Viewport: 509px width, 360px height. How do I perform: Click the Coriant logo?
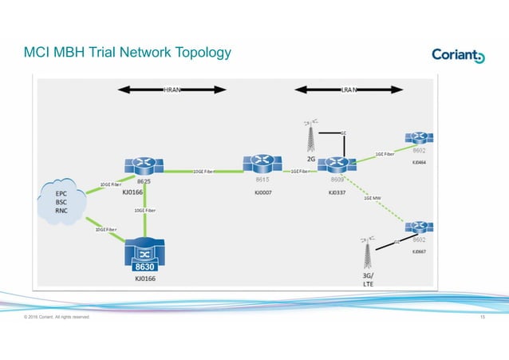[x=458, y=54]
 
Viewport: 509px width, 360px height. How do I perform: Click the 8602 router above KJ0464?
[x=418, y=138]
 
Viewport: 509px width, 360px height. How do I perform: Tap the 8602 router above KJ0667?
[x=418, y=227]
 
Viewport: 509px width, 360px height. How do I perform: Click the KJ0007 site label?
[x=263, y=192]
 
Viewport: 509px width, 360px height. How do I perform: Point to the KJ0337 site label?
[x=338, y=192]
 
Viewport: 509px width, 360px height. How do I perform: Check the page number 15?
[x=483, y=317]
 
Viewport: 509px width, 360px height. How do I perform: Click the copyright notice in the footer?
[x=57, y=317]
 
